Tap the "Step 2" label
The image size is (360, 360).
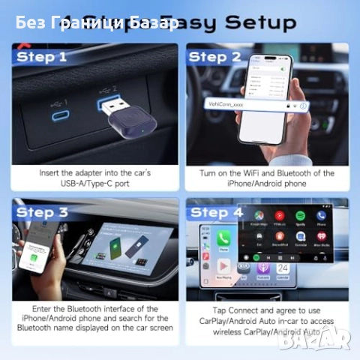point(214,57)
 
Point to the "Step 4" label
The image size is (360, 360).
point(216,212)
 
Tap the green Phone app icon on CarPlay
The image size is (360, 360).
point(223,238)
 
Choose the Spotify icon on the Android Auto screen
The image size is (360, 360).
point(300,217)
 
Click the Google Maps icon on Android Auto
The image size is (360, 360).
point(259,217)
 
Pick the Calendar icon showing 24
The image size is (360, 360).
point(283,267)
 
